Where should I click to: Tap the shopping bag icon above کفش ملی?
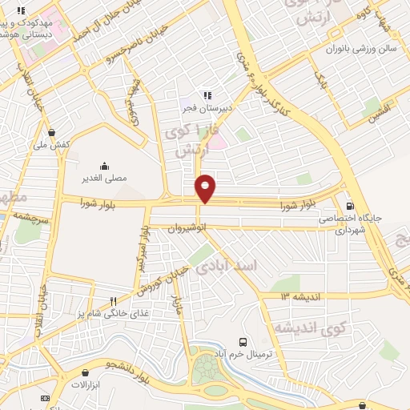coord(52,133)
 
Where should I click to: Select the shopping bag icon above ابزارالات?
coord(86,372)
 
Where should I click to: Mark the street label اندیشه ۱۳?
coord(299,296)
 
